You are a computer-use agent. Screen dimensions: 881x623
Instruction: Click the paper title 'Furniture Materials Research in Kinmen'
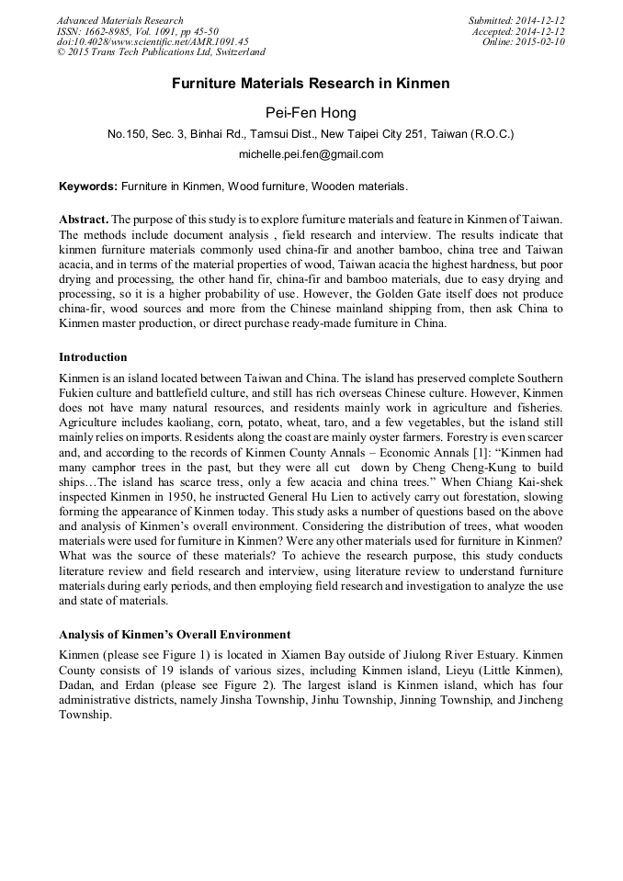pyautogui.click(x=311, y=84)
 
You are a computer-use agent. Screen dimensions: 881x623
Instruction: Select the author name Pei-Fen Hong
pyautogui.click(x=311, y=112)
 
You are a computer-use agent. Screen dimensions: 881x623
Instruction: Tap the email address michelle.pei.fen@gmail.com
pyautogui.click(x=311, y=154)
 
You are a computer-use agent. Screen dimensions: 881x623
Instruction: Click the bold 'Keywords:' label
pyautogui.click(x=88, y=186)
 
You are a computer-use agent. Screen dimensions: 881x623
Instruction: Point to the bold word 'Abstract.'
pyautogui.click(x=84, y=220)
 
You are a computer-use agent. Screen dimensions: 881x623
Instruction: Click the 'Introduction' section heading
pyautogui.click(x=93, y=356)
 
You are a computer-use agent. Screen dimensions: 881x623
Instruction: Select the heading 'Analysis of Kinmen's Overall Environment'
pyautogui.click(x=175, y=634)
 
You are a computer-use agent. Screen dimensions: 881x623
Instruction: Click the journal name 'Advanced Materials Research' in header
pyautogui.click(x=119, y=20)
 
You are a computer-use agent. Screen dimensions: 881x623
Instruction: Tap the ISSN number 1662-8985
pyautogui.click(x=108, y=31)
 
